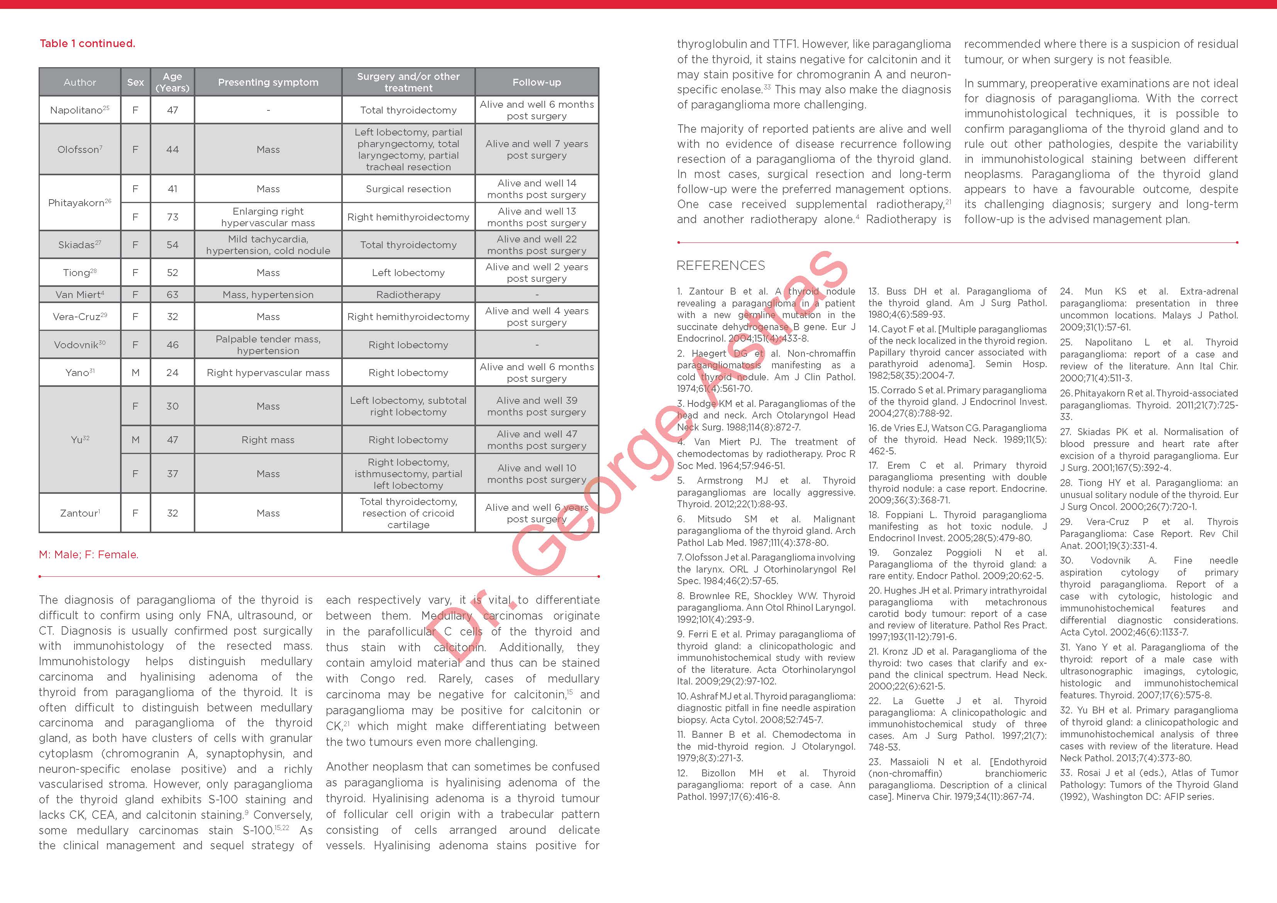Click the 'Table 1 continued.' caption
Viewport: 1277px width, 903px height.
(x=87, y=43)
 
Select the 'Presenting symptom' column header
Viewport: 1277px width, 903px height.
(x=268, y=82)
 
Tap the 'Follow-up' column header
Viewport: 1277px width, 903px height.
(x=537, y=82)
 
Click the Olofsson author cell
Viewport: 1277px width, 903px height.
(x=80, y=149)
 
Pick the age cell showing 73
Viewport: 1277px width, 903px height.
(x=173, y=217)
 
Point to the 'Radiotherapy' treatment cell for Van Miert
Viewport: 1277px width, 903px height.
(x=408, y=294)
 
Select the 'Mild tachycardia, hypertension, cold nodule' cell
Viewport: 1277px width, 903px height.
(x=268, y=245)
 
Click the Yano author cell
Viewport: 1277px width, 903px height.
(x=80, y=372)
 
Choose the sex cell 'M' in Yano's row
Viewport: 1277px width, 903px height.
(x=135, y=372)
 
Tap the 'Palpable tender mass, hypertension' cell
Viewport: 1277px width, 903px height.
(x=268, y=344)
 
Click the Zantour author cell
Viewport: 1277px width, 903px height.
(x=80, y=513)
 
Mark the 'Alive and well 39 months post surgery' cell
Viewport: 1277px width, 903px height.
(x=537, y=406)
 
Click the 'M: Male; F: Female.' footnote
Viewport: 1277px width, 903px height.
(x=88, y=555)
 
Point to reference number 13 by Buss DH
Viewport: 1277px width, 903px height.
(x=957, y=303)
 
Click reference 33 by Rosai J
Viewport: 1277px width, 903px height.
(x=1148, y=784)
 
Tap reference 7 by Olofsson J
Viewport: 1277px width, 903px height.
(x=766, y=569)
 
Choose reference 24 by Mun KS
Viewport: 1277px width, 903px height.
(x=1148, y=309)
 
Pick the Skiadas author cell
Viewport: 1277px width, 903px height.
(x=80, y=245)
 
